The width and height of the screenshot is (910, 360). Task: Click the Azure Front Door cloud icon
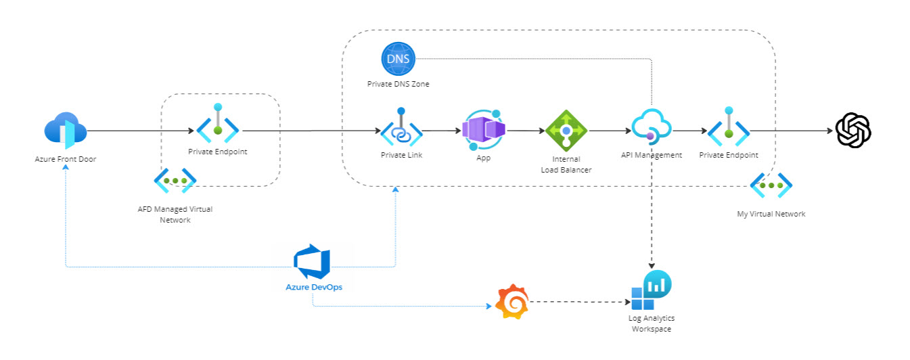[65, 131]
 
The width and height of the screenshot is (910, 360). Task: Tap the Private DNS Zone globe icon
[398, 60]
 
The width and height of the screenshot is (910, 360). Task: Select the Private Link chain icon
[401, 129]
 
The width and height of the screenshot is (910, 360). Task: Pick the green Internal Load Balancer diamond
[566, 130]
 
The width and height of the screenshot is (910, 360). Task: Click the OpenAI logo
[853, 130]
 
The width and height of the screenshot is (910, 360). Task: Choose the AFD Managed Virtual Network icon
[175, 181]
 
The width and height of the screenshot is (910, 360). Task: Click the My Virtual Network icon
[771, 185]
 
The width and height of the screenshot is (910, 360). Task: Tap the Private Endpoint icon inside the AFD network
[217, 126]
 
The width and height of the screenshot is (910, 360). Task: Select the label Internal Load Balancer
[567, 164]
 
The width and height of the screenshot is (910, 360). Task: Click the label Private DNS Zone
[398, 85]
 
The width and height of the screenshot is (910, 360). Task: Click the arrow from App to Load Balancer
[525, 131]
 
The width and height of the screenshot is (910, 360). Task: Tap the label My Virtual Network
[771, 214]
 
